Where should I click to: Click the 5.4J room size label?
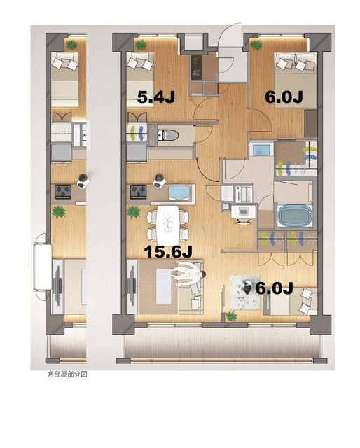[x=155, y=97]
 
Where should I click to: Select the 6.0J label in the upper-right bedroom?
[x=283, y=97]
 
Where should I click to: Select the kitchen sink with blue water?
[x=180, y=192]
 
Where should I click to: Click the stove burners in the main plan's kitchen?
[x=138, y=190]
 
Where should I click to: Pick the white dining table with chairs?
[x=167, y=221]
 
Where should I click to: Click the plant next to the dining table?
[x=132, y=211]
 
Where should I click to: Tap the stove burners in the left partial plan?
[x=63, y=190]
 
